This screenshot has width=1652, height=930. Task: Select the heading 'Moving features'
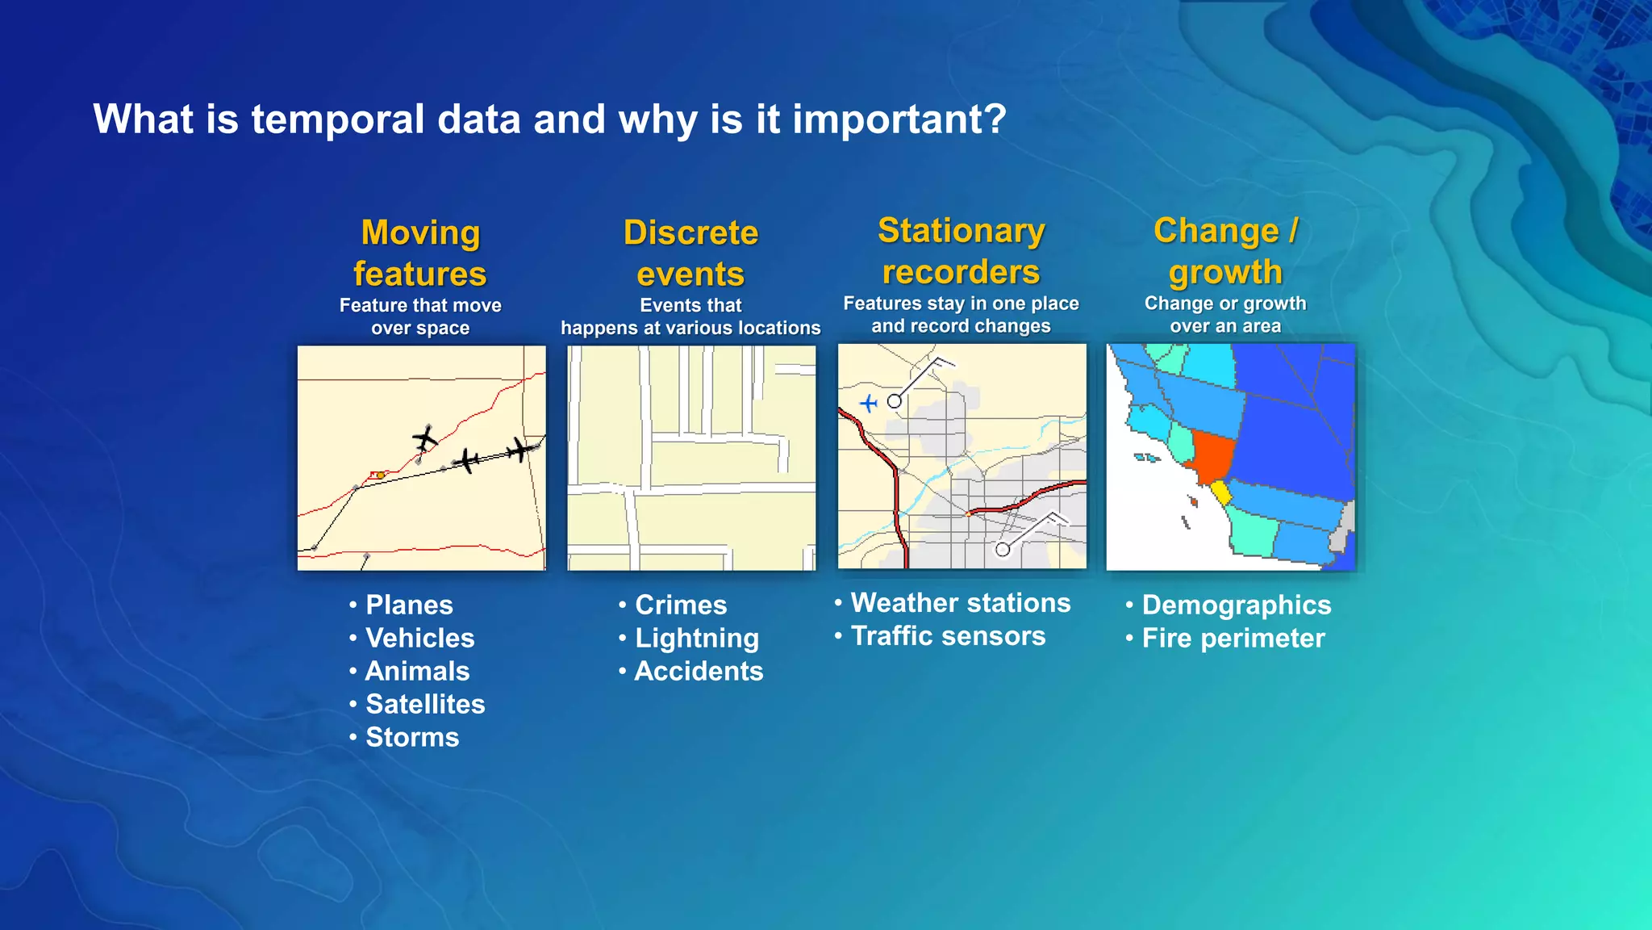coord(420,253)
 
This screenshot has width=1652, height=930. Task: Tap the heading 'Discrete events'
coord(690,253)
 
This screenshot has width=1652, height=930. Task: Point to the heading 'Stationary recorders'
coord(961,251)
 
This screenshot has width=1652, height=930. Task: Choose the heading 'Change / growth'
coord(1225,251)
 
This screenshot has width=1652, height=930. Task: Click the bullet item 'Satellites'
coord(425,704)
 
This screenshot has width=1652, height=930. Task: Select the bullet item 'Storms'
coord(412,737)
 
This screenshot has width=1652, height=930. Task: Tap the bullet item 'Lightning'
coord(696,638)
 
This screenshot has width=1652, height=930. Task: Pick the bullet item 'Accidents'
coord(699,671)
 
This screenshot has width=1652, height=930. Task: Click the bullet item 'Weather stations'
coord(960,603)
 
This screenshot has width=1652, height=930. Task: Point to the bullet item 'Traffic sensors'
coord(948,636)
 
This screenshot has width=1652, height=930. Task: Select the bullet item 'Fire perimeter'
coord(1233,639)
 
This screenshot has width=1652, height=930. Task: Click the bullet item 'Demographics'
coord(1236,605)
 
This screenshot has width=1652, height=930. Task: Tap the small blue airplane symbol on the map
coord(868,402)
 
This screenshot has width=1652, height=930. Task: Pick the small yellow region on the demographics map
coord(1220,492)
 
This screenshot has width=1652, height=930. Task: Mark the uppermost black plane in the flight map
coord(424,438)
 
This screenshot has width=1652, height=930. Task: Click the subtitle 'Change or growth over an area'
coord(1225,315)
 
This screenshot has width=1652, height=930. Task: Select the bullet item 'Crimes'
coord(681,605)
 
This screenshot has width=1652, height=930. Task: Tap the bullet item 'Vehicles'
coord(419,638)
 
